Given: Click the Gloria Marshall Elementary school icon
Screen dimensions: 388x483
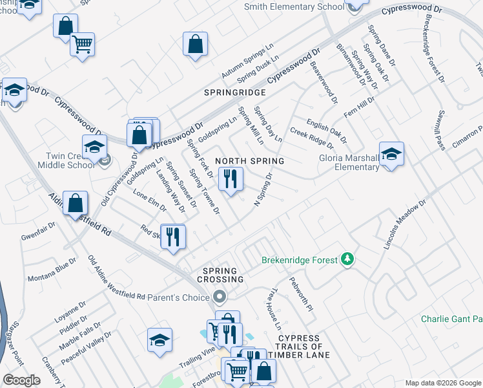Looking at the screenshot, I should coord(391,154).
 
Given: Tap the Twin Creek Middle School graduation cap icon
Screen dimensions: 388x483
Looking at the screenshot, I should coord(94,147).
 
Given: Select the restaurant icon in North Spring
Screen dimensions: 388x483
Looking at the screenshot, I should coord(231,178).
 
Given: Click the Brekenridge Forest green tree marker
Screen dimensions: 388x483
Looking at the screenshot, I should coord(348,259).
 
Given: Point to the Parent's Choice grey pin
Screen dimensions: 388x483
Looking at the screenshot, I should coord(220,297).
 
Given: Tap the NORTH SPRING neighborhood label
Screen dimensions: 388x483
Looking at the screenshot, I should coord(249,160).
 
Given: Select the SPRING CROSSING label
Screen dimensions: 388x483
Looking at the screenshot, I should coord(223,275).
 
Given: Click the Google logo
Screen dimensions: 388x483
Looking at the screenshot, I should coord(22,380).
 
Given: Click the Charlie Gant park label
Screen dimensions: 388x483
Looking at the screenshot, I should coord(451,319).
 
